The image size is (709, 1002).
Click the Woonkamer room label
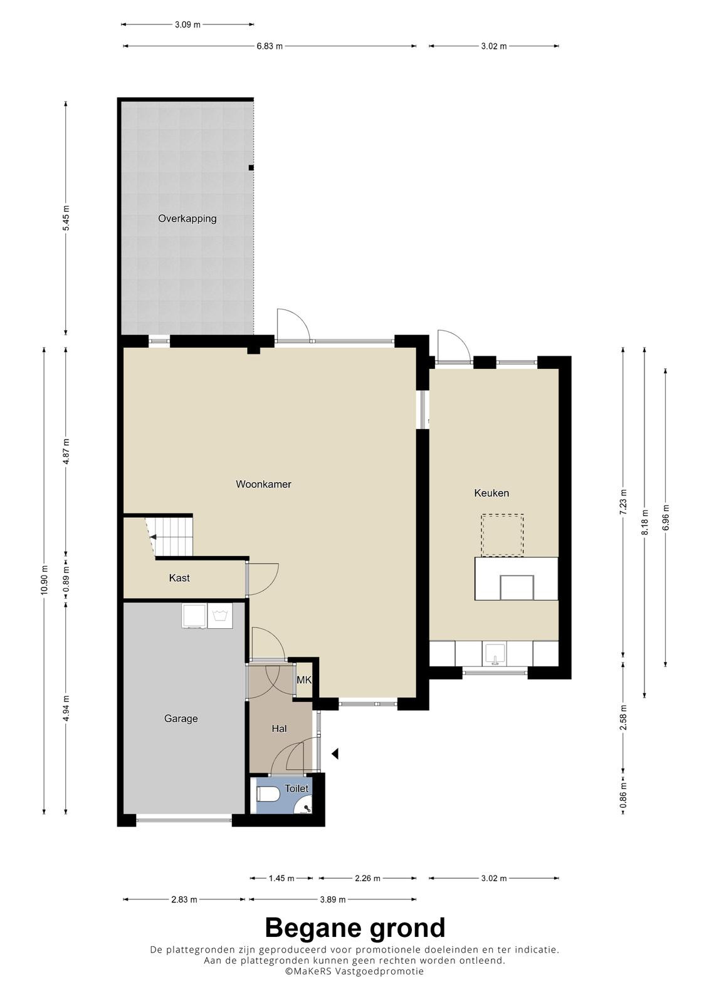click(263, 484)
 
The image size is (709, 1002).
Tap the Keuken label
click(491, 493)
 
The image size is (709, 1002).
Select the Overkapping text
click(187, 219)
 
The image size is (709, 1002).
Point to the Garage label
click(181, 718)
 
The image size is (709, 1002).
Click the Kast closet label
click(179, 578)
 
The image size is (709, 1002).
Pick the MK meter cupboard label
click(304, 680)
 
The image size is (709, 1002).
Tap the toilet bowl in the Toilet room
click(268, 794)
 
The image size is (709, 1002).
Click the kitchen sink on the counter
click(495, 654)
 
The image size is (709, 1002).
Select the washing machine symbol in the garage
click(219, 616)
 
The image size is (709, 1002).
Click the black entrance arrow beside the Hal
click(335, 754)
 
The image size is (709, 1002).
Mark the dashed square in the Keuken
click(502, 535)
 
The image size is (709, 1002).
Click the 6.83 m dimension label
click(270, 46)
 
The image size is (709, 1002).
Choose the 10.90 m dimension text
click(44, 580)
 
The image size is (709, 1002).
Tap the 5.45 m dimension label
click(66, 218)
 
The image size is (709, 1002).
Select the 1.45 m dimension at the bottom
click(281, 879)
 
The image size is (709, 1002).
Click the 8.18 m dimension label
click(644, 522)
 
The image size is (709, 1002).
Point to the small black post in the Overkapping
click(251, 168)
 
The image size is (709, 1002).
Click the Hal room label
click(279, 729)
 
